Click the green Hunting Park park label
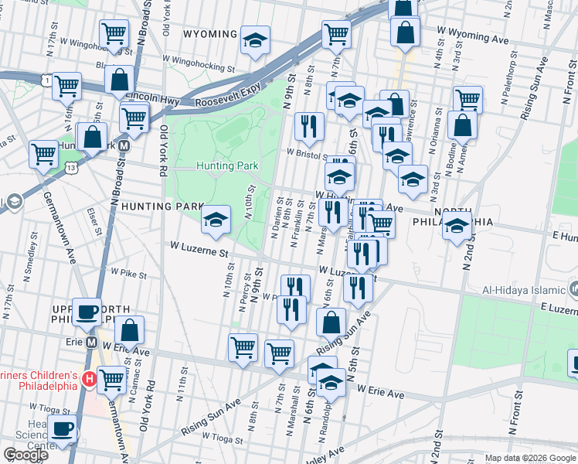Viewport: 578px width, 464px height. (226, 165)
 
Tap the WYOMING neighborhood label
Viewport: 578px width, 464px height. (210, 35)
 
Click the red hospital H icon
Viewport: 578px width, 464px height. (89, 379)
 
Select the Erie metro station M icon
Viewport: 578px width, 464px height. (91, 342)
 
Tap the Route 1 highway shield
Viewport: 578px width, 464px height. (48, 80)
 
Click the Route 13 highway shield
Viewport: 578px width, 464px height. (71, 166)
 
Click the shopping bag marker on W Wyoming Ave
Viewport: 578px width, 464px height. (405, 32)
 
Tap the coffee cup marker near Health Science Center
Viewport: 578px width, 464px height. (63, 428)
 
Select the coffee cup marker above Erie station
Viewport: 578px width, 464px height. (87, 310)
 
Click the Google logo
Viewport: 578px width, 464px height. (25, 455)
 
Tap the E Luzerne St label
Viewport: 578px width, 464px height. (549, 307)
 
